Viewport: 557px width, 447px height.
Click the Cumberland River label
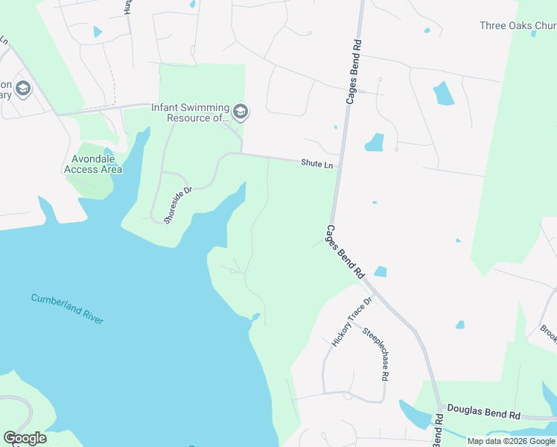67,309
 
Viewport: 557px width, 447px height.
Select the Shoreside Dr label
178,206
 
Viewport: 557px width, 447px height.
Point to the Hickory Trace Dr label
351,322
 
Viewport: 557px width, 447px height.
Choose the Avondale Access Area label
93,164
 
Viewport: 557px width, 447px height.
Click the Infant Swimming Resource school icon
240,112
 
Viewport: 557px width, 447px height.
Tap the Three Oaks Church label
518,25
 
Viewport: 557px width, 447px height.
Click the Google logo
25,438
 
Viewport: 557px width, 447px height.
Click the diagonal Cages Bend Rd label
345,253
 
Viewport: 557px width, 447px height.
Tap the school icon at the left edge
22,89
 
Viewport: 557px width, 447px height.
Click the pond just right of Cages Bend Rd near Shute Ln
374,142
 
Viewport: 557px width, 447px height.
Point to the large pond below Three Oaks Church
444,93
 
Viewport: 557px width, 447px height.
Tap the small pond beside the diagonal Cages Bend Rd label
381,272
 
